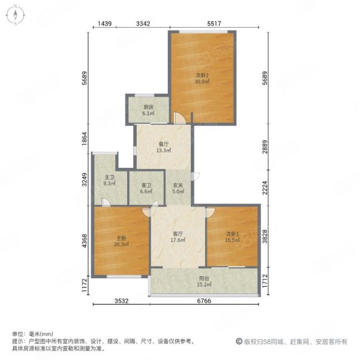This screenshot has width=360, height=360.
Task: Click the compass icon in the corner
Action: [16, 15]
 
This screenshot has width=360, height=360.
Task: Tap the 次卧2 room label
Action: [202, 78]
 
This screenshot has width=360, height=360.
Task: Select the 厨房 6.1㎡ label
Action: [149, 110]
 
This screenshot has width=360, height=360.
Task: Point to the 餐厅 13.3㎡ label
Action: [164, 147]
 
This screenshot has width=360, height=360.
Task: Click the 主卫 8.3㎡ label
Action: [110, 180]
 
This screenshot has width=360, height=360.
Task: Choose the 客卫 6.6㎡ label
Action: [146, 188]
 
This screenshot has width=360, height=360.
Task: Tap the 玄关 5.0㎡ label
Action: [178, 188]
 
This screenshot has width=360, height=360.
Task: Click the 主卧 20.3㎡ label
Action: [121, 241]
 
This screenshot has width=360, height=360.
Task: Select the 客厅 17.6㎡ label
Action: [178, 237]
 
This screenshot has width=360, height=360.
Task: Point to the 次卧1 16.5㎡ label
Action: [232, 237]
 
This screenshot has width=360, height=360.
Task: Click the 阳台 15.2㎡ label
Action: [204, 281]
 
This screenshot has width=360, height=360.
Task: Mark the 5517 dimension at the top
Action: [214, 23]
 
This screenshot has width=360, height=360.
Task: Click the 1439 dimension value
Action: [104, 23]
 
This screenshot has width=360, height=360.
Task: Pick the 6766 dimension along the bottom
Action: [204, 301]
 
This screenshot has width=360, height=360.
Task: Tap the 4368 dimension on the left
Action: [85, 241]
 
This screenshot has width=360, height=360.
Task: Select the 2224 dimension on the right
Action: [265, 188]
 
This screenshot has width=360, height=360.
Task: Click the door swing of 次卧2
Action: [179, 118]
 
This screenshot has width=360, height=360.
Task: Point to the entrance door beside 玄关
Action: [196, 176]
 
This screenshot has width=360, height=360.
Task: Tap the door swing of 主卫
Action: [106, 202]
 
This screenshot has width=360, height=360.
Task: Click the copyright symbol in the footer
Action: [239, 341]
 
